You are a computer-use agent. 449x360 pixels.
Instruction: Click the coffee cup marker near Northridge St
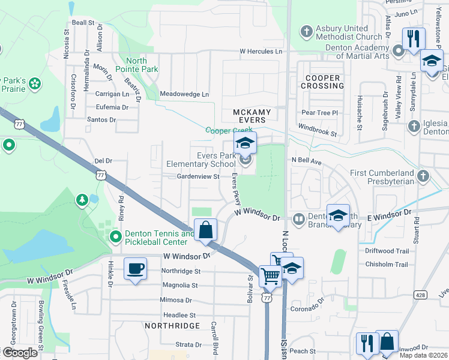[x=136, y=268]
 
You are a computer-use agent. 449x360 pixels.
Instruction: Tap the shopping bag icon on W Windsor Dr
[x=205, y=230]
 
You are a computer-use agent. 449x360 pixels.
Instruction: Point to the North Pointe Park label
[x=142, y=65]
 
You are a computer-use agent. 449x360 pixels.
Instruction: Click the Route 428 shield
[x=420, y=295]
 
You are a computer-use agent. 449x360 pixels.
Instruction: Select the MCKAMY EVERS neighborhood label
[x=252, y=116]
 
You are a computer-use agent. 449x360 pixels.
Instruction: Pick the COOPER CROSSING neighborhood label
[x=323, y=82]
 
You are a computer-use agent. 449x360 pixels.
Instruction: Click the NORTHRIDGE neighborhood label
[x=172, y=325]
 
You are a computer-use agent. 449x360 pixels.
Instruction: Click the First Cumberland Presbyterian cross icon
[x=423, y=176]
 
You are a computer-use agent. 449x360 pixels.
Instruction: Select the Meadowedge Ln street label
[x=184, y=94]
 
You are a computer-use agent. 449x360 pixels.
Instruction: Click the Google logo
[x=20, y=352]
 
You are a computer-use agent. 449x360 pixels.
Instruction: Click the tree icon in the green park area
[x=82, y=199]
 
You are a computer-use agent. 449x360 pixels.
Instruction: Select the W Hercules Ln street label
[x=261, y=52]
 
